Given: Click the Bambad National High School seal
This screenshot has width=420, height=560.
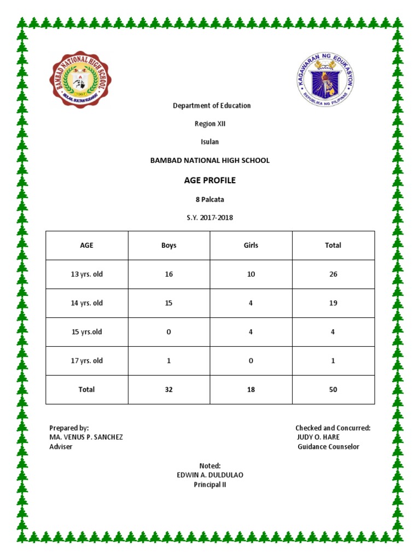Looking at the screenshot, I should [82, 79].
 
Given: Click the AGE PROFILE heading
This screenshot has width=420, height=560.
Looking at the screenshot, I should [210, 180].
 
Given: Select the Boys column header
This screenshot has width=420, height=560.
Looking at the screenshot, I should [169, 246].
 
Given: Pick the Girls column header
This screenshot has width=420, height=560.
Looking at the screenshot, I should [251, 246].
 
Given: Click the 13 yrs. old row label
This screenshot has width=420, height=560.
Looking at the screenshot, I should [87, 275].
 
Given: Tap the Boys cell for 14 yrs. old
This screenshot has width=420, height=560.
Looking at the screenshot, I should [169, 303].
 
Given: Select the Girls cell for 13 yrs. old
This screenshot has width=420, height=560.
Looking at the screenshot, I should [251, 275].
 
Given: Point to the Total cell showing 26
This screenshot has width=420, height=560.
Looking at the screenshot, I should [333, 275].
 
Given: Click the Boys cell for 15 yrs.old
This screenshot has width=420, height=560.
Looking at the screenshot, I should [169, 332].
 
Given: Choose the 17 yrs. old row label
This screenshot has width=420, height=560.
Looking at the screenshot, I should [87, 361].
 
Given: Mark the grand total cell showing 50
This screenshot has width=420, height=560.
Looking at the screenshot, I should [333, 390].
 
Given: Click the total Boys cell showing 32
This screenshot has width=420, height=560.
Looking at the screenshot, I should [169, 390].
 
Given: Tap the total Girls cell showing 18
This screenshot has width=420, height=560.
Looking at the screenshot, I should [251, 390].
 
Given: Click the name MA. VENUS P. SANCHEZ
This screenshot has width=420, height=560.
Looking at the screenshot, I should [86, 437].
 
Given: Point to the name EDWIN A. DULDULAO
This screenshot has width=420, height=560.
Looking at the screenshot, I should [210, 475].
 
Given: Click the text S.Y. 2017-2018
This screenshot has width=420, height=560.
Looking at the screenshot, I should [210, 218].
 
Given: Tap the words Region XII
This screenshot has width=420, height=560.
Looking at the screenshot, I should [210, 124].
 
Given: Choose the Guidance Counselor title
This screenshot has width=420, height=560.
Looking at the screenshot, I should [328, 447].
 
